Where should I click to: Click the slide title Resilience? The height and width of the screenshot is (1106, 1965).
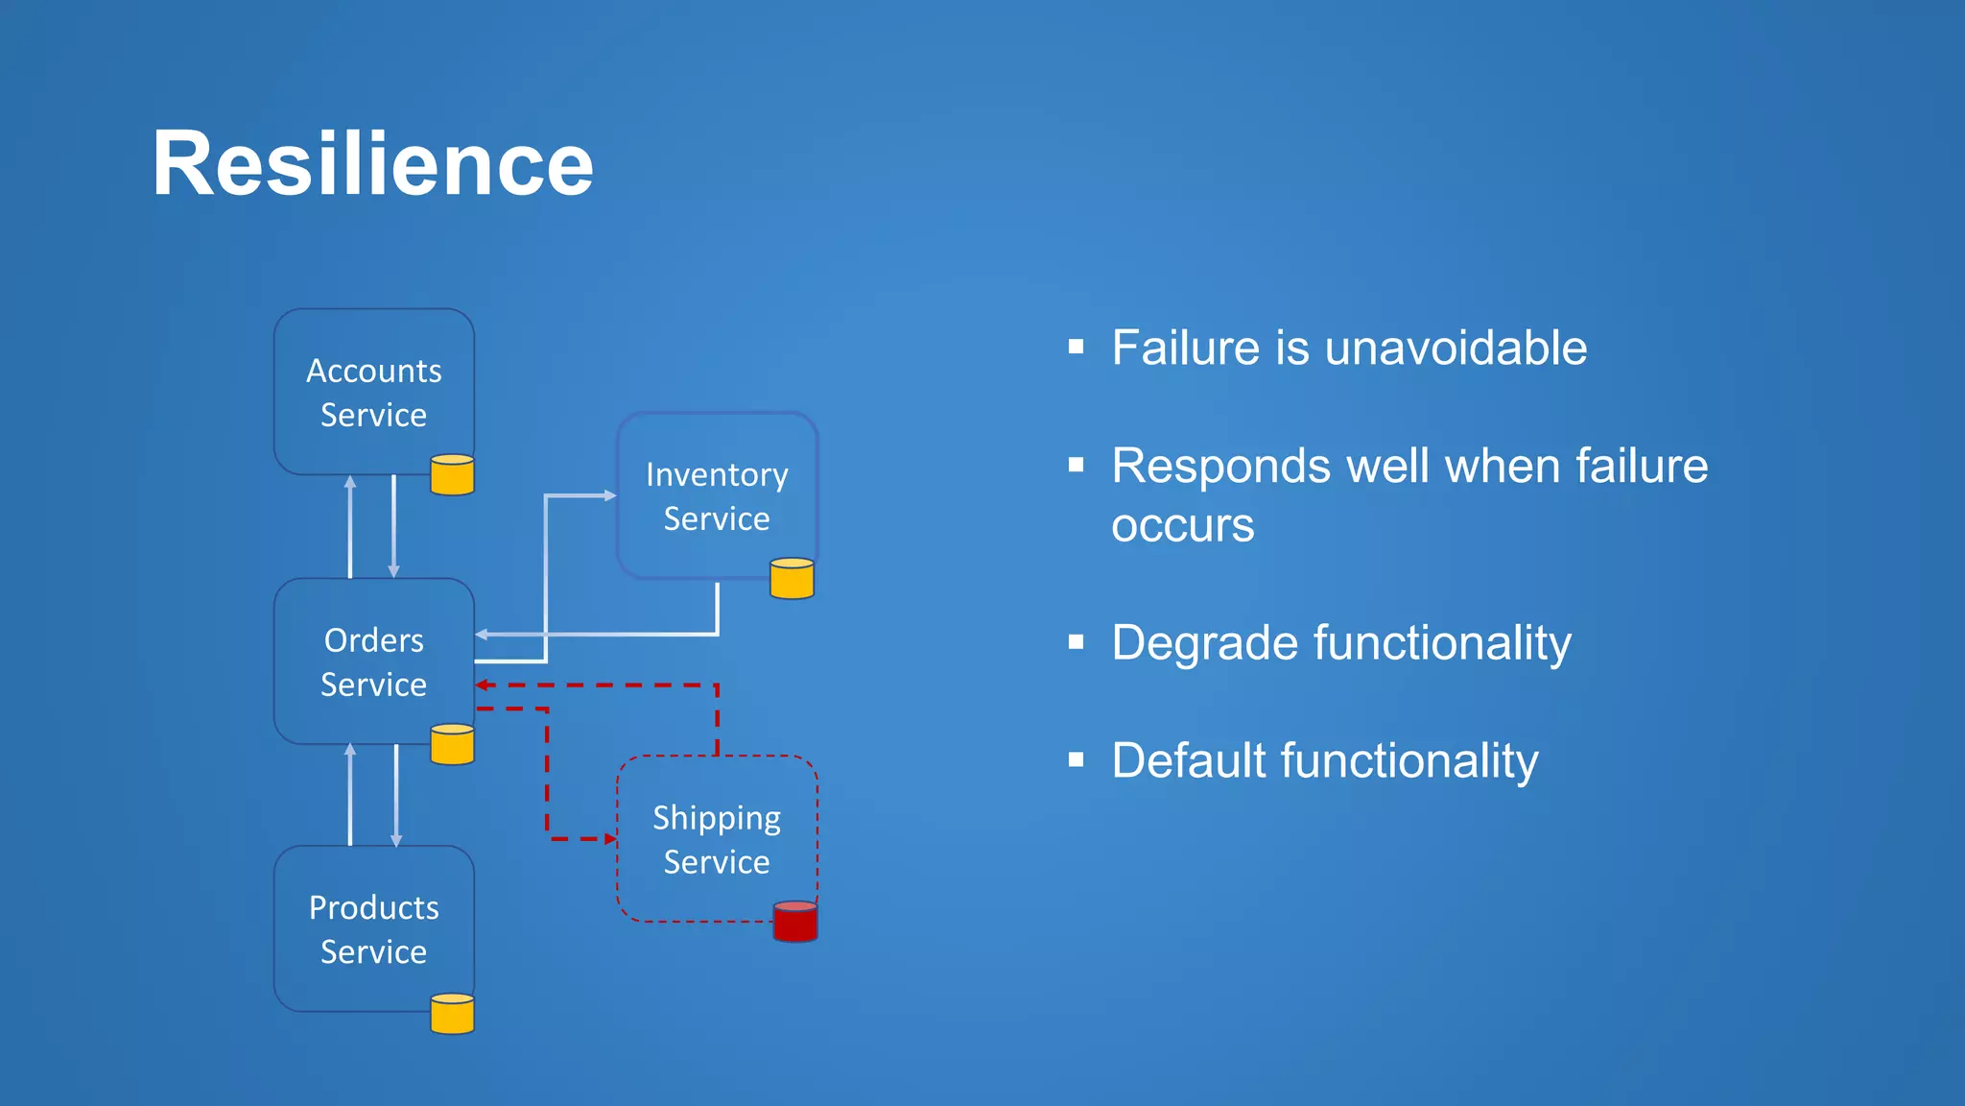pyautogui.click(x=372, y=163)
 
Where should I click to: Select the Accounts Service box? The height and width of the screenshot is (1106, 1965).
pyautogui.click(x=373, y=392)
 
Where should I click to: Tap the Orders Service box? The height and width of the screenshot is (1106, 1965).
pyautogui.click(x=373, y=661)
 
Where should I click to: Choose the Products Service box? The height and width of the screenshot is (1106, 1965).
pyautogui.click(x=373, y=928)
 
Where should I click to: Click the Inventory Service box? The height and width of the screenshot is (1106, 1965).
pyautogui.click(x=717, y=495)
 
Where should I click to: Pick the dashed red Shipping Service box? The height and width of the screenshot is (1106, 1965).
pyautogui.click(x=717, y=839)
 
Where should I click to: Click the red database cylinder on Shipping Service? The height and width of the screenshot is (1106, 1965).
pyautogui.click(x=795, y=922)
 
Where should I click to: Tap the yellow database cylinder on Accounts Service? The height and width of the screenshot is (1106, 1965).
pyautogui.click(x=453, y=475)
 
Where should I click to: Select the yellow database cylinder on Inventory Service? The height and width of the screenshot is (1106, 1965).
pyautogui.click(x=793, y=579)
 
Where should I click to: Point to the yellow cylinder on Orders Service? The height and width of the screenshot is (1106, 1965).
pyautogui.click(x=453, y=745)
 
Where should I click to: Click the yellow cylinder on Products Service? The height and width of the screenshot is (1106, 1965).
pyautogui.click(x=453, y=1014)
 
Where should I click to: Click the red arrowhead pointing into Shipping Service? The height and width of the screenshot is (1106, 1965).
pyautogui.click(x=610, y=839)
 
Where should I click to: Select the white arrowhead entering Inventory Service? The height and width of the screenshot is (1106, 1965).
pyautogui.click(x=610, y=495)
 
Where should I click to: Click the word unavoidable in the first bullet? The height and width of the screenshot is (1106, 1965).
pyautogui.click(x=1456, y=348)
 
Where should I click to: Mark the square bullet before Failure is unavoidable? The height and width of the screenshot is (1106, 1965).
pyautogui.click(x=1077, y=347)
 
